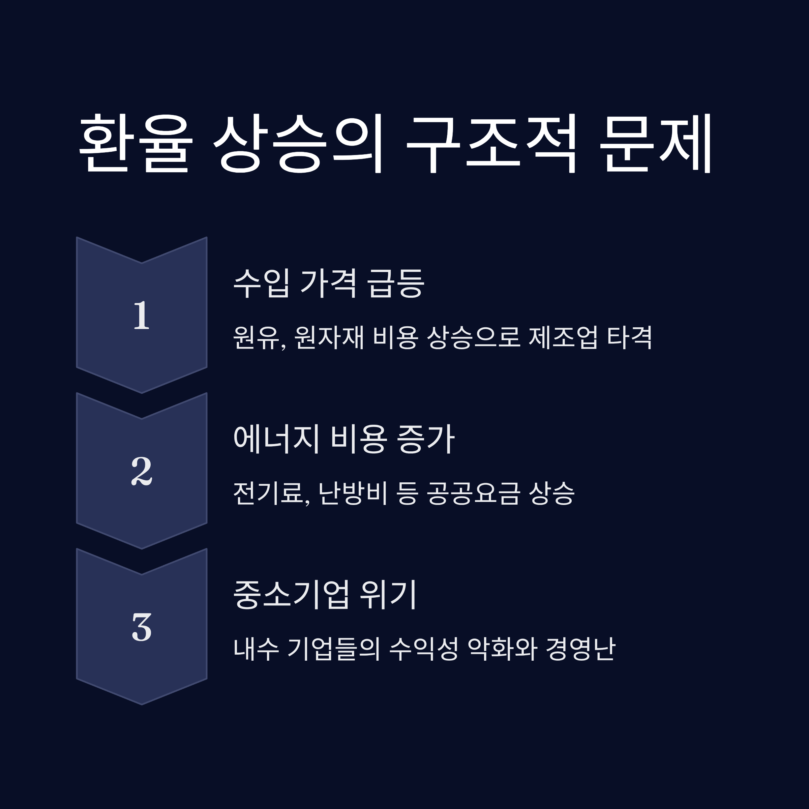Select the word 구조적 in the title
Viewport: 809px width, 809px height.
tap(492, 143)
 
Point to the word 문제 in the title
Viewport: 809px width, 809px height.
tap(656, 143)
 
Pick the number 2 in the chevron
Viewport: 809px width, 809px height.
tap(142, 471)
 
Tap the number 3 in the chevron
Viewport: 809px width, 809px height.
tap(142, 627)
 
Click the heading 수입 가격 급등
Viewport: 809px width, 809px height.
tap(329, 283)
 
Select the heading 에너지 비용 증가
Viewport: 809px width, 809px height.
tap(344, 439)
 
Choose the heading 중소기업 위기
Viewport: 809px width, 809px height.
tap(325, 595)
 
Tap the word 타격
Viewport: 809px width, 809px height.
tap(629, 337)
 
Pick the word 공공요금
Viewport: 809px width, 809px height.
tap(474, 493)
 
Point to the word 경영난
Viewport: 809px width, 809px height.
tap(580, 649)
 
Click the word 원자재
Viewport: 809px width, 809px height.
tap(329, 337)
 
